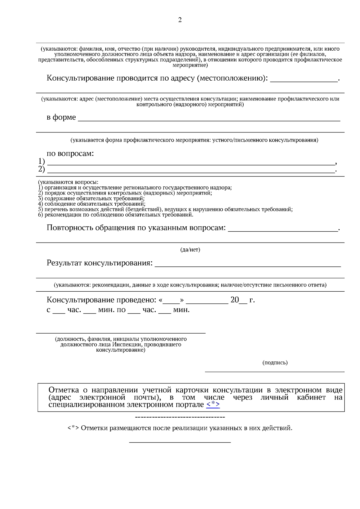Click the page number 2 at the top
click(180, 20)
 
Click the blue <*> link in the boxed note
click(213, 404)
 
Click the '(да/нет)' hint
click(190, 250)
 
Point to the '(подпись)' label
click(275, 363)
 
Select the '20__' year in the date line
click(239, 300)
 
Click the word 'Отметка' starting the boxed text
click(64, 390)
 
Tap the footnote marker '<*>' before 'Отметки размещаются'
click(73, 428)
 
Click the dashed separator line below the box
click(180, 417)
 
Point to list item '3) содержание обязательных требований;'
click(91, 198)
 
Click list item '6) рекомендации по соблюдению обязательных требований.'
click(115, 215)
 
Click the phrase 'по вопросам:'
click(70, 153)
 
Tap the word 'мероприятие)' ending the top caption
click(190, 65)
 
